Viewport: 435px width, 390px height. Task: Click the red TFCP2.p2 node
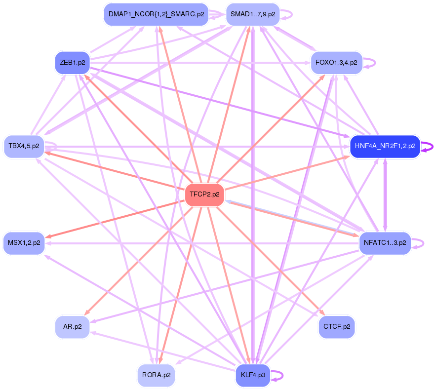click(204, 195)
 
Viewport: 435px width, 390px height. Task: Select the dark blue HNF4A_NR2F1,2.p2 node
click(385, 146)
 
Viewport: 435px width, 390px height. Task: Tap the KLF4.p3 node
click(253, 375)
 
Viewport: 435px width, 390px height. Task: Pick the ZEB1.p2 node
click(72, 63)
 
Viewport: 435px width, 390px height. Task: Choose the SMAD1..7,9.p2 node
click(253, 14)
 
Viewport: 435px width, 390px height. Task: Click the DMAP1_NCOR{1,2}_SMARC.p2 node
click(156, 14)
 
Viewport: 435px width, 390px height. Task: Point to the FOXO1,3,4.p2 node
click(336, 63)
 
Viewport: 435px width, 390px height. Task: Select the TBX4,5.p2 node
click(24, 146)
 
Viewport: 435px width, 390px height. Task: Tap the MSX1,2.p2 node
click(24, 243)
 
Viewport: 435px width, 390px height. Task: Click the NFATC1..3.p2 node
click(385, 243)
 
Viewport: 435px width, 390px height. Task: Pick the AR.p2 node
click(72, 327)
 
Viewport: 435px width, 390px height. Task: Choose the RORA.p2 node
click(156, 375)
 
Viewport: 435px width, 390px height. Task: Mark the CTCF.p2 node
click(337, 327)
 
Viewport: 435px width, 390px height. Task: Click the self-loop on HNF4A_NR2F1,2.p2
click(428, 146)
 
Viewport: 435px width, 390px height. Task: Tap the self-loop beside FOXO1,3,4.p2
click(370, 63)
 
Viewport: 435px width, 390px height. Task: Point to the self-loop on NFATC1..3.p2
click(419, 243)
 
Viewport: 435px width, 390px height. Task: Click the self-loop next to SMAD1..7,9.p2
click(287, 14)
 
